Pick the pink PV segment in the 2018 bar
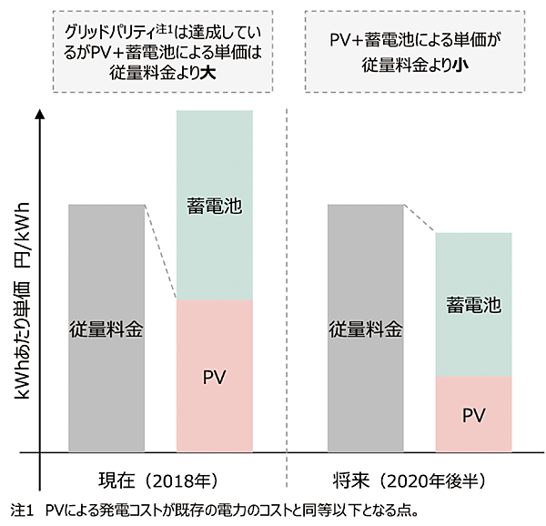coord(214,400)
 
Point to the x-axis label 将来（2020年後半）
coord(420,480)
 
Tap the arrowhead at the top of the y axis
coord(39,117)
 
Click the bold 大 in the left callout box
coord(212,72)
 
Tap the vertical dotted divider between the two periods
coord(288,291)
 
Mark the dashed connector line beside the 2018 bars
coord(160,253)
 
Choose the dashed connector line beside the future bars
coord(420,219)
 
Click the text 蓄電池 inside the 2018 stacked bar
coord(214,206)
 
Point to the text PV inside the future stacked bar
coord(474,415)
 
